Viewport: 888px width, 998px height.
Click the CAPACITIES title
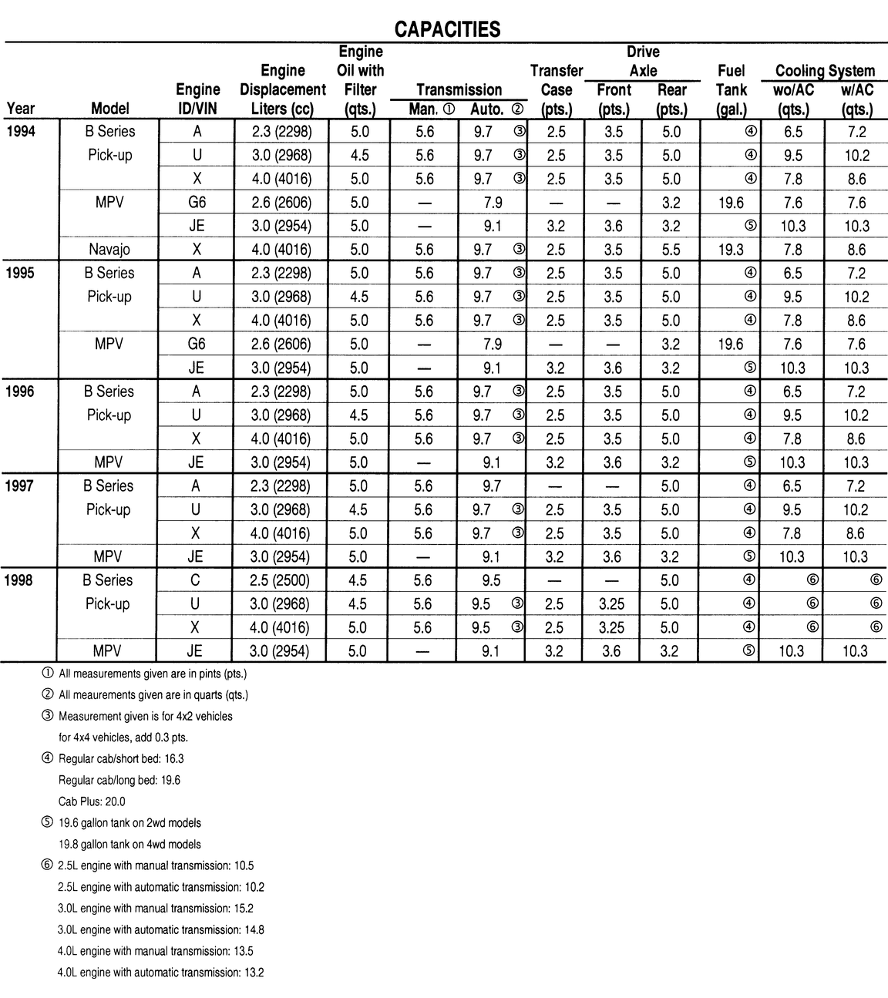(447, 29)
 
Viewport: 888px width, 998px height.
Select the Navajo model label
(109, 250)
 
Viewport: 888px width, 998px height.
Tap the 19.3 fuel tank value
(730, 250)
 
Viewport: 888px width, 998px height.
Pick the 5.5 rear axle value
(671, 250)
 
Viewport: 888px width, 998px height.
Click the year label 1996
(20, 391)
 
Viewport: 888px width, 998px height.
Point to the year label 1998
(20, 580)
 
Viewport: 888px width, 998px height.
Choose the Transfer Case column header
(557, 89)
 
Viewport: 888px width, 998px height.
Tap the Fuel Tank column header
(731, 89)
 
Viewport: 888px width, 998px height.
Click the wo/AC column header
(793, 90)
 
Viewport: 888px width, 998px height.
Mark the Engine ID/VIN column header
(198, 99)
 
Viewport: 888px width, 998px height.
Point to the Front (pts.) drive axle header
(614, 99)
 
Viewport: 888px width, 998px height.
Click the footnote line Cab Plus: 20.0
(92, 801)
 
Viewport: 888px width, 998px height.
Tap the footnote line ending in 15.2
(156, 909)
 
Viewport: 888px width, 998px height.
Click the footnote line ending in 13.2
(160, 973)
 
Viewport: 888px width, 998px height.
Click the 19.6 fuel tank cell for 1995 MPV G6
(730, 344)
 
